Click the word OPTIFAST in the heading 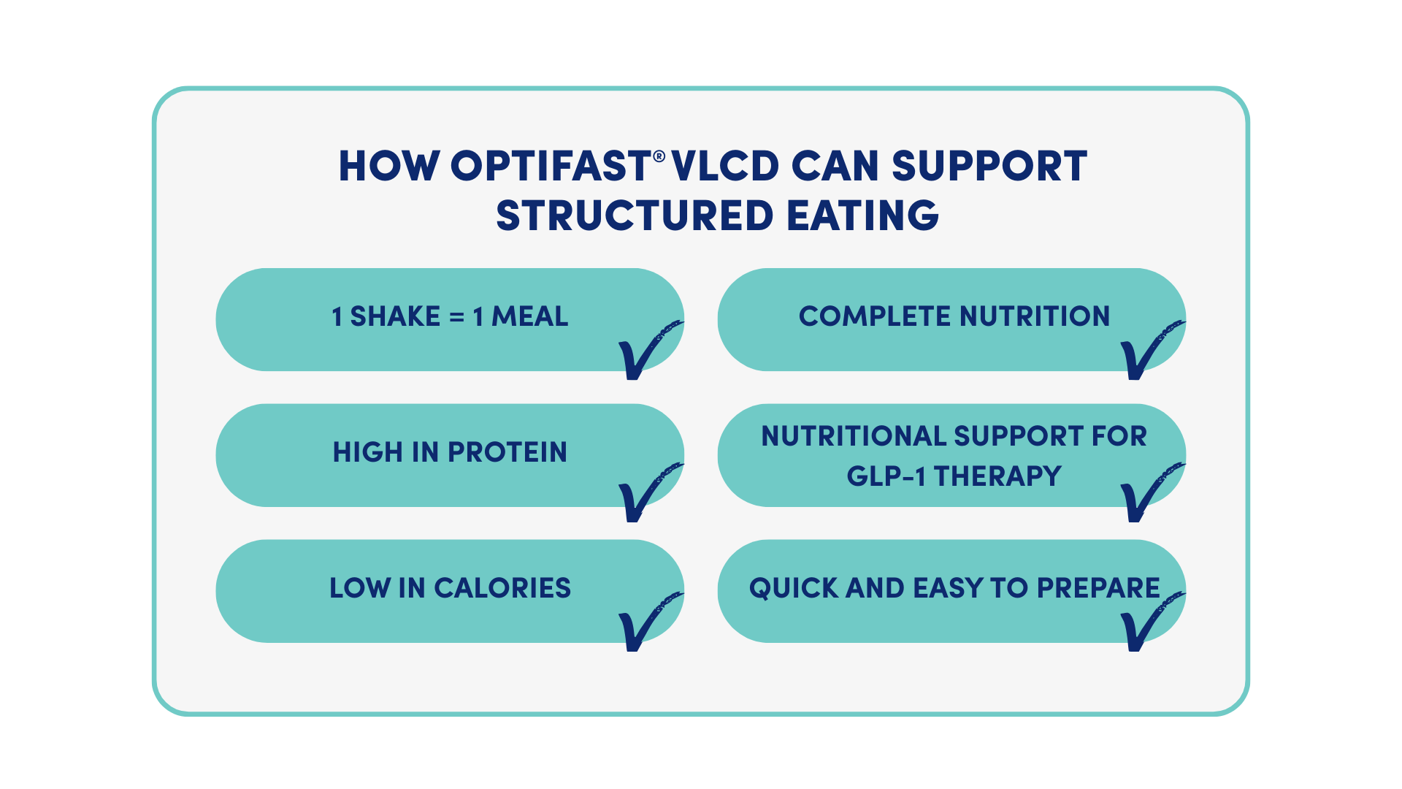point(550,166)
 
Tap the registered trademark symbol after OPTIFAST point(659,156)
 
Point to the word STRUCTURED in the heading point(634,216)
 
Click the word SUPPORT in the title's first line point(989,166)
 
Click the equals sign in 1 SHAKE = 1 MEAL point(456,317)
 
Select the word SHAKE point(395,317)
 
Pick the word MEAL point(529,317)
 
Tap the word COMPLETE point(875,317)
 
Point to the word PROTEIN point(507,452)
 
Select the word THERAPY point(997,476)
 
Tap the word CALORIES point(502,588)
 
